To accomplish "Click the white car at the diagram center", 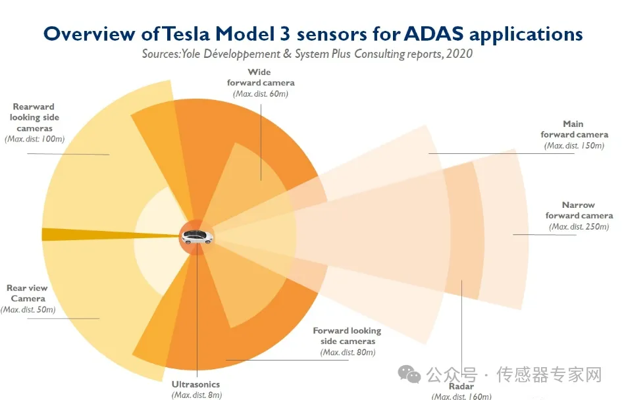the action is click(197, 237).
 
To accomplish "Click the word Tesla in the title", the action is click(186, 34).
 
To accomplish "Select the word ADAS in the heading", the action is click(434, 34).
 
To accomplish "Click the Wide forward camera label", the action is click(261, 78).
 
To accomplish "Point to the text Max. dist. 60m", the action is click(261, 94).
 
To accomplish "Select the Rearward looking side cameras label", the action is click(34, 117).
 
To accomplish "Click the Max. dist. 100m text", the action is click(34, 139).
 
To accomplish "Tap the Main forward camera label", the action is click(574, 129).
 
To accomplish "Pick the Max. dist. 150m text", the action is click(575, 146).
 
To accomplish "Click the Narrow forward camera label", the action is click(579, 210).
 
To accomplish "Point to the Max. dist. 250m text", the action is click(579, 227).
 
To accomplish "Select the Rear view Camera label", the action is click(27, 293).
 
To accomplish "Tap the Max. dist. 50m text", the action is click(28, 310).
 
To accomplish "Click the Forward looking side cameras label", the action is click(347, 336).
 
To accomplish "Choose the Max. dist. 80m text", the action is click(348, 353).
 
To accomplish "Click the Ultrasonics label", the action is click(195, 384).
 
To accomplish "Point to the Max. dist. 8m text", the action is click(197, 395).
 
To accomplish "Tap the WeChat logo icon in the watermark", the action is click(409, 374).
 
